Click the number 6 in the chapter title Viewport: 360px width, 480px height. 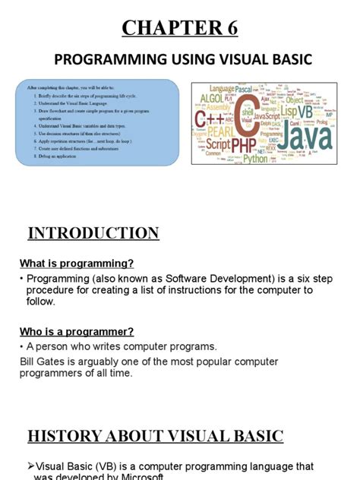click(x=229, y=29)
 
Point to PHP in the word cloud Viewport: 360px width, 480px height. click(x=245, y=144)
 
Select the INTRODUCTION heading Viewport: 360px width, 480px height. click(x=93, y=233)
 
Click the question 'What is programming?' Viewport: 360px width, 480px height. click(x=76, y=263)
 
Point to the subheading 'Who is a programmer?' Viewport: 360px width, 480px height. click(x=76, y=331)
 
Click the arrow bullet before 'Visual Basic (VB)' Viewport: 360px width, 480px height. click(x=30, y=466)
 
